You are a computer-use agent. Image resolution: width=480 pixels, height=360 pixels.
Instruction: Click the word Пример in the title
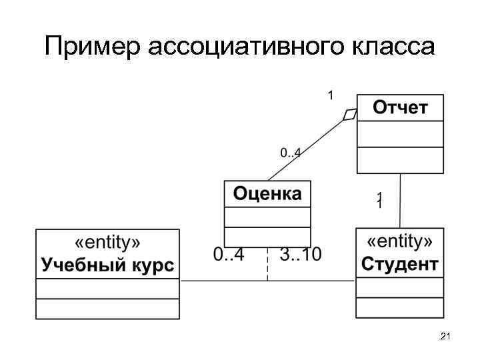tap(93, 47)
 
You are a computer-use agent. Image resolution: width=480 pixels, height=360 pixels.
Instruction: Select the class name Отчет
tap(400, 107)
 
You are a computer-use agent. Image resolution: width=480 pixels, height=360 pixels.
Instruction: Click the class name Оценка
tap(267, 194)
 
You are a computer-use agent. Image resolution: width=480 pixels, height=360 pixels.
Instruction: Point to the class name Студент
tap(400, 264)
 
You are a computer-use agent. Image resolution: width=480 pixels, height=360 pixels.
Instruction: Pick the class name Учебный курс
tap(107, 265)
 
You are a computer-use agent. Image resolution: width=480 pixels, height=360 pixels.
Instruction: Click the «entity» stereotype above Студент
tap(400, 241)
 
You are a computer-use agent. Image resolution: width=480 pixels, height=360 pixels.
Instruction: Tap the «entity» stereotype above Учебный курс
tap(107, 241)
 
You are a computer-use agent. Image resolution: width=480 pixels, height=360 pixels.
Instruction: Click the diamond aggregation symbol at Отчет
tap(350, 115)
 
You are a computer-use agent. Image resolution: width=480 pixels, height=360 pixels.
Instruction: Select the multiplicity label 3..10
tap(301, 254)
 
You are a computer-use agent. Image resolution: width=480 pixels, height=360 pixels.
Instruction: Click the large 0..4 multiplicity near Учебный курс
tap(229, 254)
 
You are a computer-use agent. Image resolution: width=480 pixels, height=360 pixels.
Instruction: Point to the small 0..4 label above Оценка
tap(290, 153)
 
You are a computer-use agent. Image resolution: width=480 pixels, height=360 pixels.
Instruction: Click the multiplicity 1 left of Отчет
tap(329, 95)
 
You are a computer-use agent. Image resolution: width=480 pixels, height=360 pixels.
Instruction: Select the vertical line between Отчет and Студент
tap(400, 200)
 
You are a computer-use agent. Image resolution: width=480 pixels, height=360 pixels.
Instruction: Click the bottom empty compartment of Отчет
tap(400, 160)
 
